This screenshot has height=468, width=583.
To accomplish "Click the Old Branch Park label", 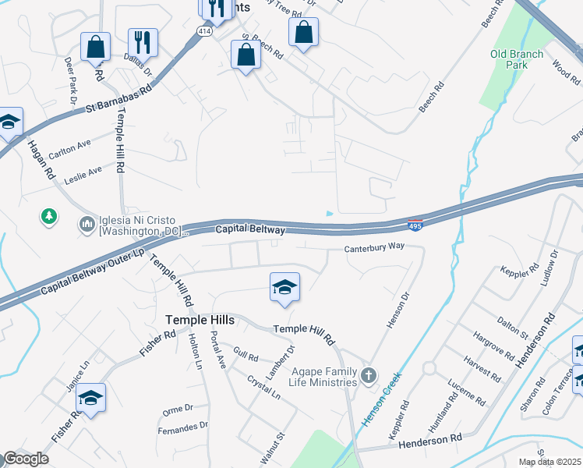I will point(509,59).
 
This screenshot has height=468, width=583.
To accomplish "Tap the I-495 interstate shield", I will point(415,225).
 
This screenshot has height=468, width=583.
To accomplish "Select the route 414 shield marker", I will point(203,31).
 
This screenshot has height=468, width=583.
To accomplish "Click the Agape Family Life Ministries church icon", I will point(369,378).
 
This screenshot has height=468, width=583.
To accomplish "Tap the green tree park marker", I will point(49,215).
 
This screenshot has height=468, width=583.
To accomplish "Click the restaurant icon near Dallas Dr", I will point(143,42).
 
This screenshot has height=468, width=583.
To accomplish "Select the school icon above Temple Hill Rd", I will point(284,287).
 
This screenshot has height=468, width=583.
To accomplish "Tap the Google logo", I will point(26,459).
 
